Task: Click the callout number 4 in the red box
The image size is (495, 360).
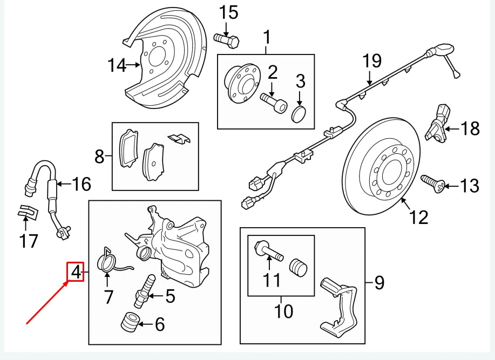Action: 76,272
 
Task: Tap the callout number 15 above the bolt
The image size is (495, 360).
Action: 228,12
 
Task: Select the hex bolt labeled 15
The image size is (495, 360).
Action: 227,39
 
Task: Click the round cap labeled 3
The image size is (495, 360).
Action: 298,114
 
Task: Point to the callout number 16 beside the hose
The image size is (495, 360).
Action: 82,184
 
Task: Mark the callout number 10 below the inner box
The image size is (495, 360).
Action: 284,311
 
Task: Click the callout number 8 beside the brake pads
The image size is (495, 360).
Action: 99,157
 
